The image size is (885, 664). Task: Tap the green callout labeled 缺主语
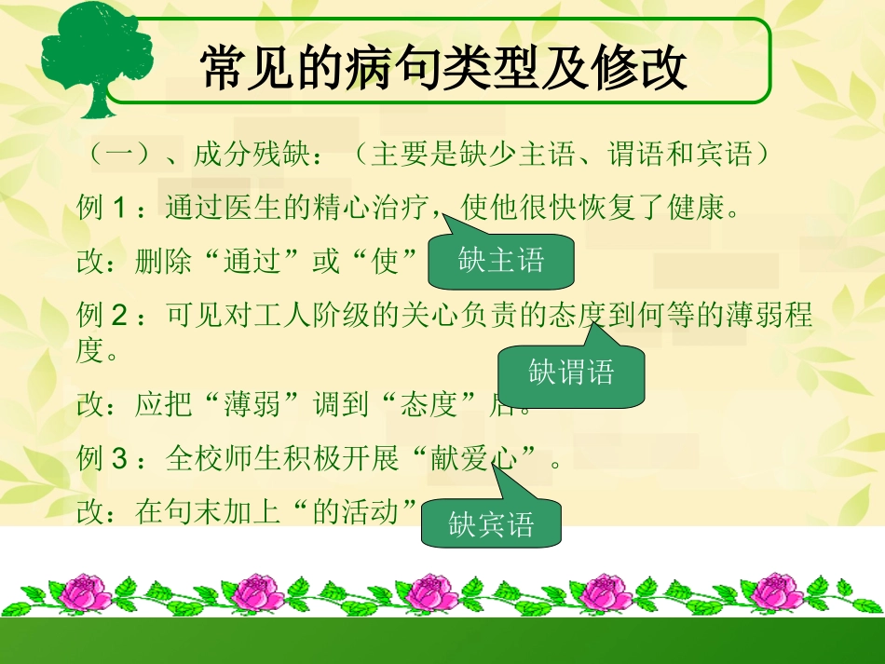[x=501, y=261]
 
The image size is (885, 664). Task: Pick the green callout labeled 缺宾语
[x=491, y=524]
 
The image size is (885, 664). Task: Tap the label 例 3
[x=100, y=459]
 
